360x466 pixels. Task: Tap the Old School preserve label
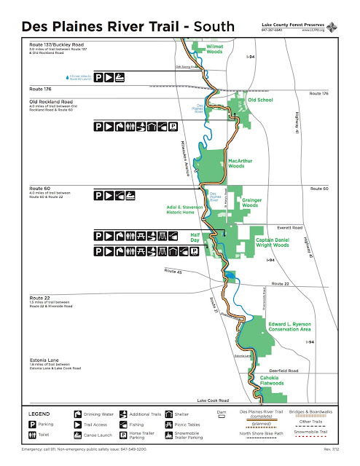tap(259, 100)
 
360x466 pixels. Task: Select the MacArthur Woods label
tap(240, 162)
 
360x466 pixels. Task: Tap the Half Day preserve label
tap(195, 238)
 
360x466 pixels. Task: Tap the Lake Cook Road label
tap(212, 400)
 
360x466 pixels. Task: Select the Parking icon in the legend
tap(32, 423)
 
